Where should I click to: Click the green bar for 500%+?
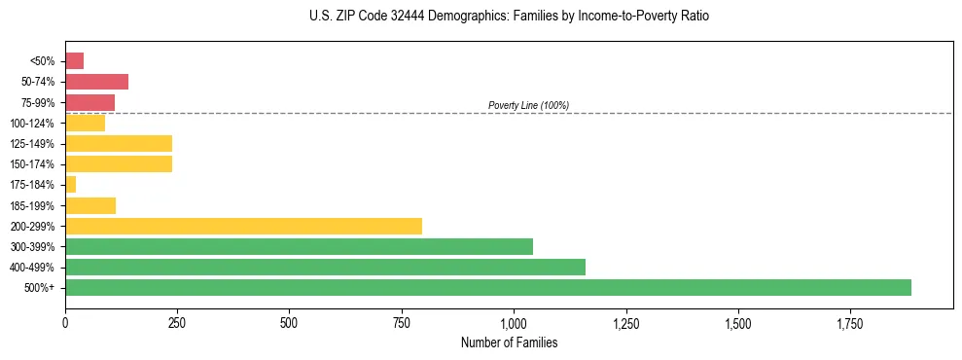point(487,287)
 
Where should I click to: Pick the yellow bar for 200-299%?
point(243,226)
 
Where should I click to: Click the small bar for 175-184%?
point(70,184)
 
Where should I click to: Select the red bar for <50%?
point(74,60)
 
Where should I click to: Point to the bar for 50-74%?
point(96,82)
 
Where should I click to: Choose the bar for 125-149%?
point(119,143)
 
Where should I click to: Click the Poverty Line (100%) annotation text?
point(528,105)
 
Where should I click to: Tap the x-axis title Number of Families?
point(509,342)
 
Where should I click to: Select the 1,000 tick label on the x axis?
point(514,322)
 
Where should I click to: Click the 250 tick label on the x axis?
point(177,322)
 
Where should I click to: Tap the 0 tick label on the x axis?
point(65,322)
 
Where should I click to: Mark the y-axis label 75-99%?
point(40,102)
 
